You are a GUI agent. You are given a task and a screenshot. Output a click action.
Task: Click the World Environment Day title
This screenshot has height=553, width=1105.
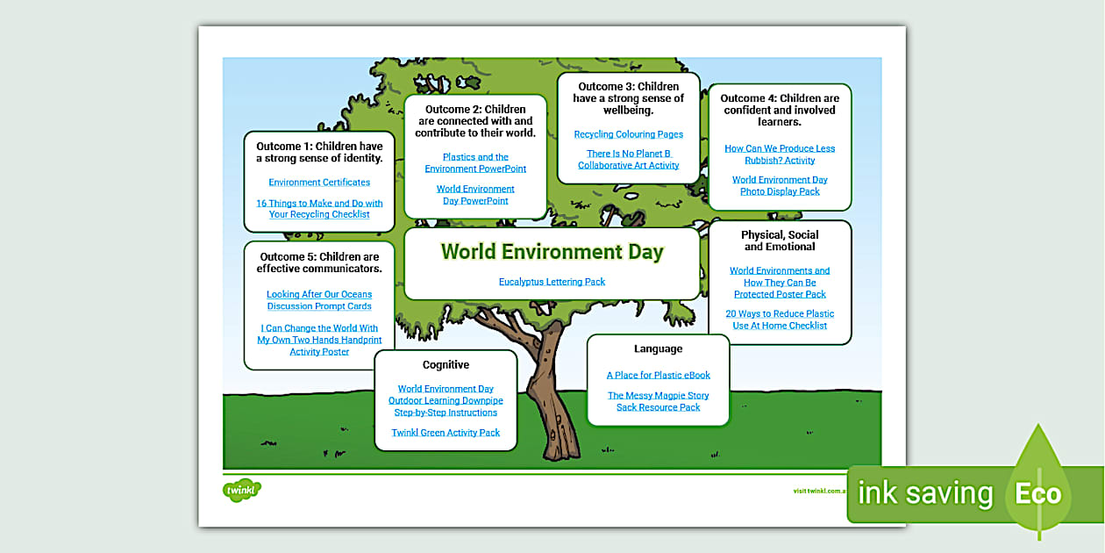click(552, 252)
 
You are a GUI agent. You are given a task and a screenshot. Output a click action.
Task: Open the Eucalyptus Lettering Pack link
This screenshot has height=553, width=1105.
click(552, 282)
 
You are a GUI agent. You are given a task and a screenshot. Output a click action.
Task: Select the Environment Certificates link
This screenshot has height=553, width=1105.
click(319, 183)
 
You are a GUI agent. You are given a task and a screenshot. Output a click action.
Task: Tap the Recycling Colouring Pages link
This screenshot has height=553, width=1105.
click(628, 134)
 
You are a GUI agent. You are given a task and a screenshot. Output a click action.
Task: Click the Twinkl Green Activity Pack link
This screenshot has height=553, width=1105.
click(446, 433)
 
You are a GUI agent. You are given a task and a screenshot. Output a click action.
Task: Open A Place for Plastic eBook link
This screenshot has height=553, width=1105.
click(658, 376)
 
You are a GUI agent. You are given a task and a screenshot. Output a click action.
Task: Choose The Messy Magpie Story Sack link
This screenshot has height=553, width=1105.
click(658, 401)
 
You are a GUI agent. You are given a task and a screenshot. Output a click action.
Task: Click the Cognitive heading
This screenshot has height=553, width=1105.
click(446, 365)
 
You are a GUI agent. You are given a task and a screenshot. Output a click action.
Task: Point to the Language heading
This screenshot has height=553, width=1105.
click(658, 349)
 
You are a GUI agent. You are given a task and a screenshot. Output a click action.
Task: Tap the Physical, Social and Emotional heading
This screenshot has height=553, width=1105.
click(780, 241)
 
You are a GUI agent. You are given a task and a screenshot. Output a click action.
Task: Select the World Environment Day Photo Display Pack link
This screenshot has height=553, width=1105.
click(780, 185)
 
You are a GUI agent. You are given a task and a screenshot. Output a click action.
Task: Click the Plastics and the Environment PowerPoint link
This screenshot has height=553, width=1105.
click(475, 162)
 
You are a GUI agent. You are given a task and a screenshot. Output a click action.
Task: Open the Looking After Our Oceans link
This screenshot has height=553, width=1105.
click(319, 300)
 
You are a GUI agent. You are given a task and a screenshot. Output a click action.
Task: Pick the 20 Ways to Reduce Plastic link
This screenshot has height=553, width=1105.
click(780, 320)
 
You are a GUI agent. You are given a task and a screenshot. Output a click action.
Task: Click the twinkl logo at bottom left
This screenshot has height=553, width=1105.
click(242, 490)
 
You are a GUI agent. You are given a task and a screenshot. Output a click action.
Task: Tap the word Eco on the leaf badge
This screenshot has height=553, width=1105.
click(1038, 493)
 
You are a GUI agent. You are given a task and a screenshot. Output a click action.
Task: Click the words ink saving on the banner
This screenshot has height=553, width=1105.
click(924, 493)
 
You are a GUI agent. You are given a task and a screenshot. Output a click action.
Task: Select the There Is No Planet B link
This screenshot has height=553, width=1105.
click(628, 159)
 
